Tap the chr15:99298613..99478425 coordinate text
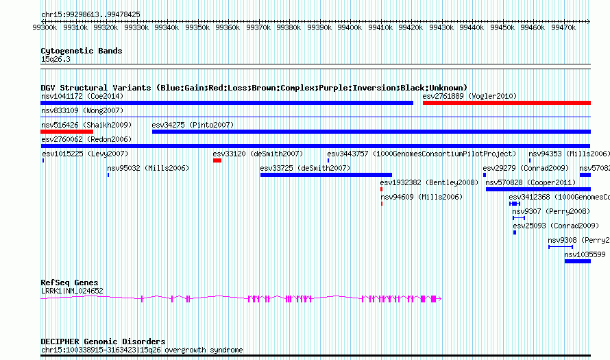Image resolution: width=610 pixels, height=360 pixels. (90, 14)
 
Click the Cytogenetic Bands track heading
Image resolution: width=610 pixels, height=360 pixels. (82, 51)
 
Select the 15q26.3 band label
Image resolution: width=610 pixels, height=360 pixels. (56, 59)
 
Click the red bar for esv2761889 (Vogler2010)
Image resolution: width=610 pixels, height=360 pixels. (506, 103)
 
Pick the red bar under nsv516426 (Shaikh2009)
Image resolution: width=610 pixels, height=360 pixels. (67, 132)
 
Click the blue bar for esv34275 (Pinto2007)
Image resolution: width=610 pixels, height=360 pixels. (371, 132)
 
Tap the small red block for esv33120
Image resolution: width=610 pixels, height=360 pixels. (217, 160)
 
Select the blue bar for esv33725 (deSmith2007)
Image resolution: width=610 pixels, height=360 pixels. (326, 175)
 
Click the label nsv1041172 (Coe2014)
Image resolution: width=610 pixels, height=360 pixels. (82, 96)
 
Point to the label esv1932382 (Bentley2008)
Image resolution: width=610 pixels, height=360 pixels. (429, 182)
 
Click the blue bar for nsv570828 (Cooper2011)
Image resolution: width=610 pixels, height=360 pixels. (537, 189)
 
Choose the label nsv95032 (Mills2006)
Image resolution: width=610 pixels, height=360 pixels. (147, 168)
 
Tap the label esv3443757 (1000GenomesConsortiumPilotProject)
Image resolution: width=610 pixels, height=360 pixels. (422, 154)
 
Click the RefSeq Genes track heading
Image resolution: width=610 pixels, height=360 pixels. (69, 283)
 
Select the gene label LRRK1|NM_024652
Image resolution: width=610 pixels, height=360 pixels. (72, 291)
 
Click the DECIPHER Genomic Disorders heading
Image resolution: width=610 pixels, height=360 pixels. (103, 341)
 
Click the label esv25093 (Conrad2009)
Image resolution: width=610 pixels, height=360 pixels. (555, 226)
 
